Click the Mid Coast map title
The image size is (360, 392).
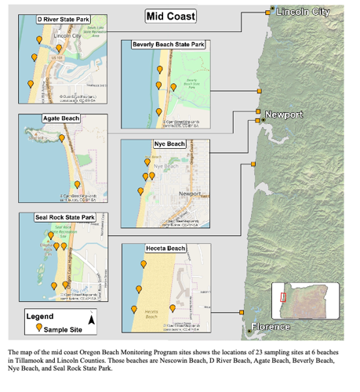(x=171, y=16)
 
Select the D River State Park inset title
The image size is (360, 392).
(x=62, y=18)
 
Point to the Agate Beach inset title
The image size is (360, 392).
(x=61, y=119)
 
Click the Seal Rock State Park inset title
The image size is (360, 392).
(x=66, y=217)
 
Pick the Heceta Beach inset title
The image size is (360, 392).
(x=165, y=249)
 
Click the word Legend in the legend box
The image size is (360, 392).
(x=40, y=316)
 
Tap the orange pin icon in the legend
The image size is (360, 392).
(x=38, y=329)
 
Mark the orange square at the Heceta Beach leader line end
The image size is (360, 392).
(x=238, y=313)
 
